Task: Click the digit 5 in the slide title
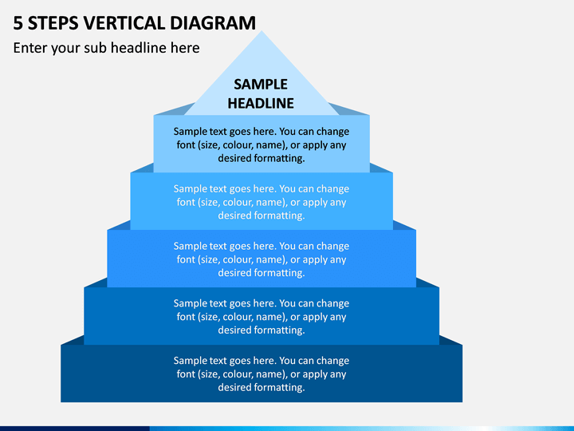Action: click(18, 23)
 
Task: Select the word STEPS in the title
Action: click(53, 23)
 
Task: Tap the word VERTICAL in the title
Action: click(124, 23)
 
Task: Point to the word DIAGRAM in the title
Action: click(213, 23)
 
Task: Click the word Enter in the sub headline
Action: click(30, 48)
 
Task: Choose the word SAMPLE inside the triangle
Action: click(261, 85)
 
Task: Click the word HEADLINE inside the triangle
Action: click(261, 103)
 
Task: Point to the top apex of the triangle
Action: click(261, 31)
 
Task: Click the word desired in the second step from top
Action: click(234, 215)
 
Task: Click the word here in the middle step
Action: click(265, 246)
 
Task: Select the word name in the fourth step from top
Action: click(271, 317)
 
